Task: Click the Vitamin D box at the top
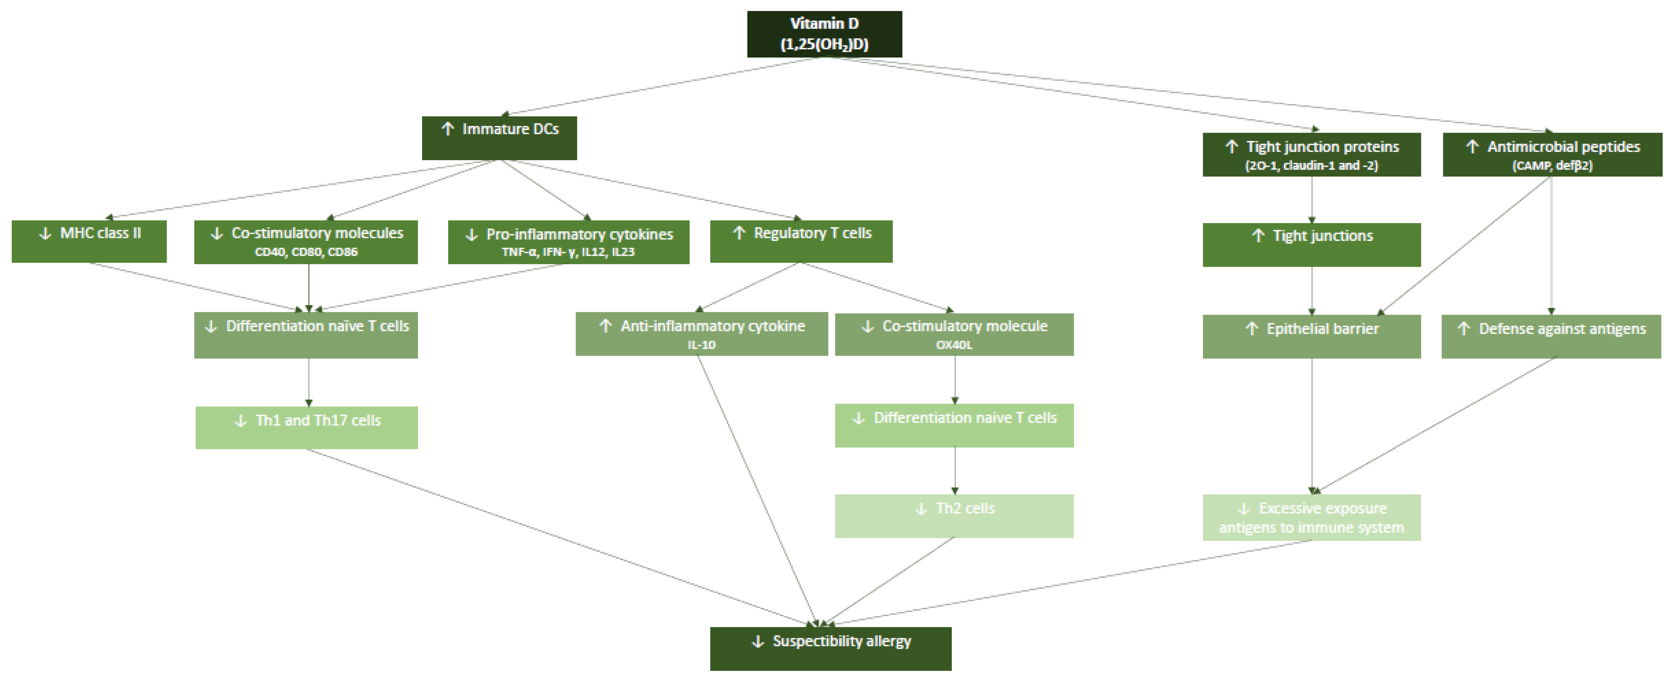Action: [824, 34]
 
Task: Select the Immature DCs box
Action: [499, 137]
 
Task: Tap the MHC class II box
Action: [89, 241]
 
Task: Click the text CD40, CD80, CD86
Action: [306, 252]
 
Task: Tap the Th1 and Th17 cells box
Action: [307, 427]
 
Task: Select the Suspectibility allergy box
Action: [831, 648]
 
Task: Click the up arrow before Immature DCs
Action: [447, 129]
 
